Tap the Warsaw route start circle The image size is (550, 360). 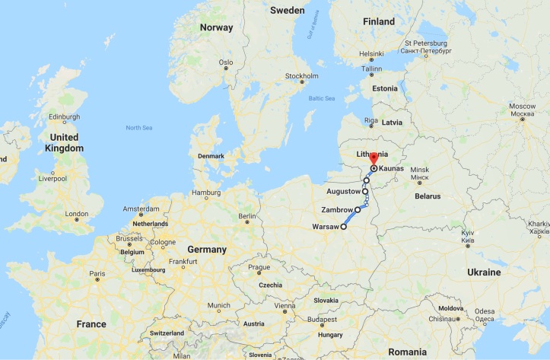(343, 227)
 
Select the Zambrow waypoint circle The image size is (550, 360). (358, 209)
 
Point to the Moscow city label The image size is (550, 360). (522, 104)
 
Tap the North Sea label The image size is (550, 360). (139, 128)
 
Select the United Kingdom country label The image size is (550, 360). (63, 142)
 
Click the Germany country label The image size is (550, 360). (208, 250)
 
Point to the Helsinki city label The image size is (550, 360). (371, 53)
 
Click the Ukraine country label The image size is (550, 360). (483, 272)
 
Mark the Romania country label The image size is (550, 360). (406, 352)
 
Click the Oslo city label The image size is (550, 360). (225, 62)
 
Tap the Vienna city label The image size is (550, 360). (285, 305)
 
